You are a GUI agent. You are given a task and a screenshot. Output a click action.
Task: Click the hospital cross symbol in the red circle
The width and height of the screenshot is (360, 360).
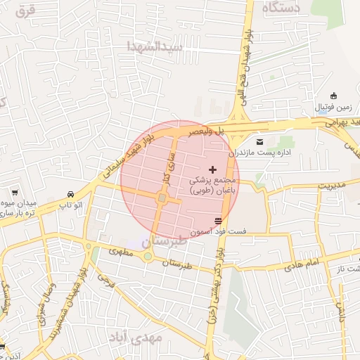213,170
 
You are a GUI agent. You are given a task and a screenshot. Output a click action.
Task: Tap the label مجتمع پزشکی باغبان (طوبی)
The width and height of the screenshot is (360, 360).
214,185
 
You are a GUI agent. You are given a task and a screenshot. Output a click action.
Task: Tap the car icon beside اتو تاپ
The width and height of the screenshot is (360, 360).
70,194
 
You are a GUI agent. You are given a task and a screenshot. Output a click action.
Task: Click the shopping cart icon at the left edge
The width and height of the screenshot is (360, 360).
13,192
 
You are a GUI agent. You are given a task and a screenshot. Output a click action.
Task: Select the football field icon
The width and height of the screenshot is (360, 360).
333,96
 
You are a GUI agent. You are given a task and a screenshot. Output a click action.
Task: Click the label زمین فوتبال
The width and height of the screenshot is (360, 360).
330,106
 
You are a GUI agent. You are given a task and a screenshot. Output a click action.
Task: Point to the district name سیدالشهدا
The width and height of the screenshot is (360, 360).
155,46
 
